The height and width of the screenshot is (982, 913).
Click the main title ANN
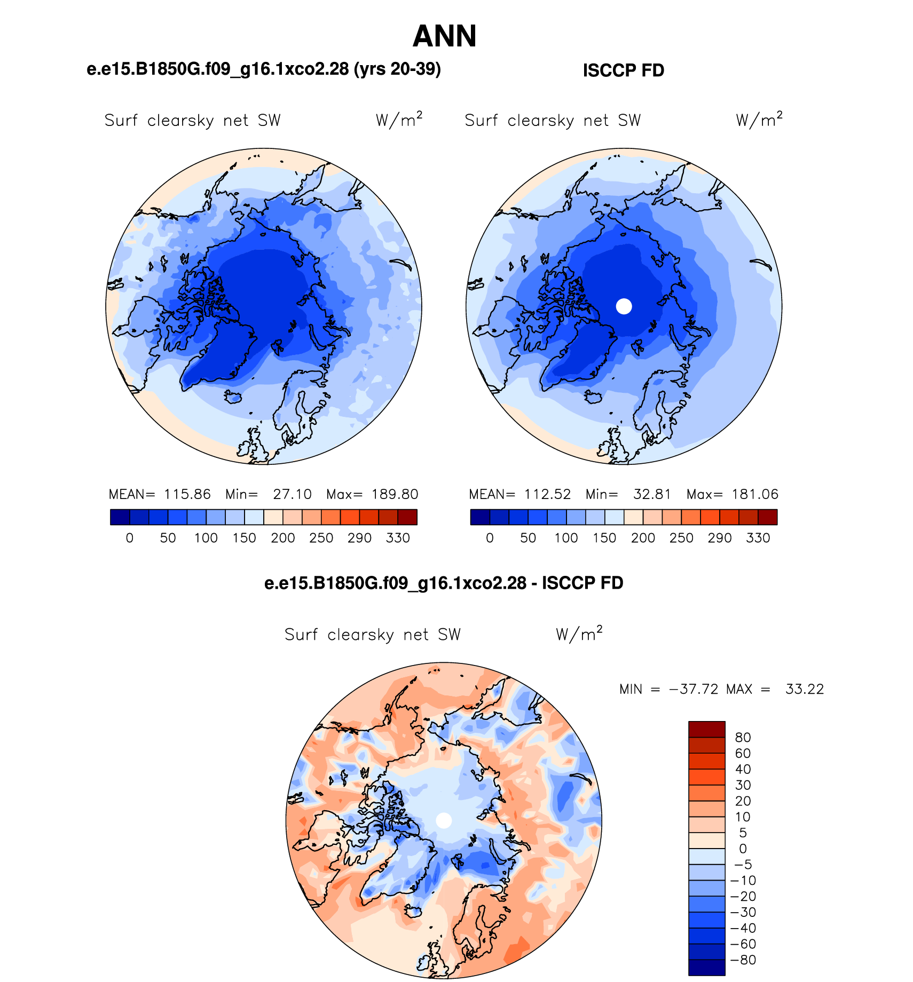tap(444, 36)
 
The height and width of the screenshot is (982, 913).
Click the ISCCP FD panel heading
tap(623, 70)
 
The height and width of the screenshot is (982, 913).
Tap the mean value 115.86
tap(187, 494)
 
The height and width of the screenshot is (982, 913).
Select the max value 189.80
tap(395, 494)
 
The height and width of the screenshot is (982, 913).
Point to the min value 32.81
tap(652, 494)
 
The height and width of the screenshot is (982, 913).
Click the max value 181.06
tap(755, 494)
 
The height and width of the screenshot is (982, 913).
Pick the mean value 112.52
tap(547, 494)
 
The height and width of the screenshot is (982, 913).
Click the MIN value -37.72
tap(693, 689)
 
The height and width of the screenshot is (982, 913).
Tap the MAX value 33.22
tap(805, 689)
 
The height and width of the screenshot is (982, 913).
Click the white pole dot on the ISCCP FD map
tap(624, 306)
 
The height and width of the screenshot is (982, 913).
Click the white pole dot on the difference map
tap(444, 821)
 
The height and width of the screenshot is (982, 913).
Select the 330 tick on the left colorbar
tap(398, 538)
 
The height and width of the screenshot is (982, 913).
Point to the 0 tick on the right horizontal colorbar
tap(490, 538)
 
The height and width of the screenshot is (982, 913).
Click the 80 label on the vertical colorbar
tap(743, 737)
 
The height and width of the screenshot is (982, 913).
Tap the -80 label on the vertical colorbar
tap(743, 960)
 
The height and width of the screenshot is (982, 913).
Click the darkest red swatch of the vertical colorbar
tap(706, 729)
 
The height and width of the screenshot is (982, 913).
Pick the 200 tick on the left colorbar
tap(283, 538)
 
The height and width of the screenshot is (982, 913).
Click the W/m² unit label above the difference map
tap(579, 634)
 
